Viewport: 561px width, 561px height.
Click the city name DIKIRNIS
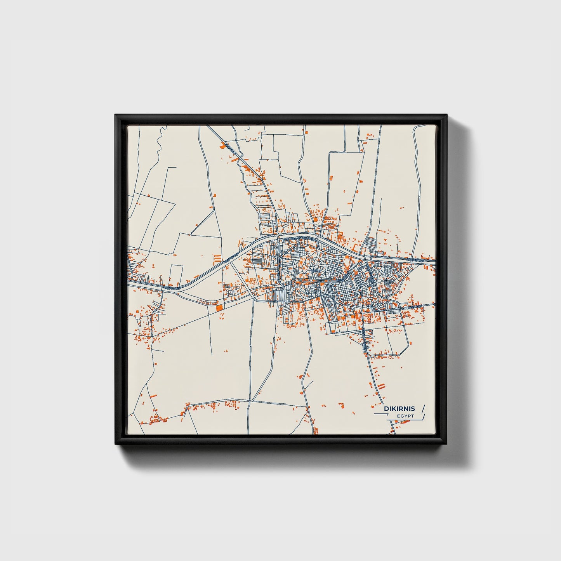point(399,408)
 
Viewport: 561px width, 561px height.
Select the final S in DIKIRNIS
point(413,408)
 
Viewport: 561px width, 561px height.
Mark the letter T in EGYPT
point(412,416)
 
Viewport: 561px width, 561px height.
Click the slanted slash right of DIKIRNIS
point(423,408)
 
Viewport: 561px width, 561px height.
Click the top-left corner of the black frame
point(116,115)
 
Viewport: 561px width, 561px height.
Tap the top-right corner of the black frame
point(446,115)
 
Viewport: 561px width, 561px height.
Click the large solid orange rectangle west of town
point(220,307)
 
